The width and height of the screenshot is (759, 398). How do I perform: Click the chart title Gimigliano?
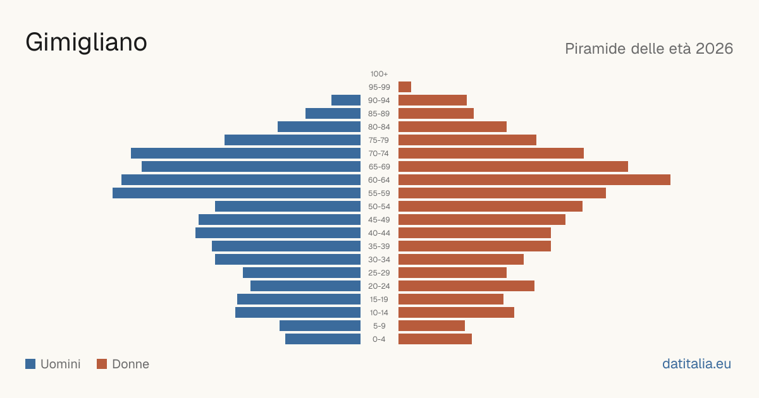(x=86, y=43)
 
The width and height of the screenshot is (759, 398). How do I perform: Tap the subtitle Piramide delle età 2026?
(x=649, y=49)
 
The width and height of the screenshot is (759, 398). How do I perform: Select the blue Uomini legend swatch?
(x=30, y=364)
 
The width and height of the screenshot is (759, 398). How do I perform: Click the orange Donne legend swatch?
(x=102, y=364)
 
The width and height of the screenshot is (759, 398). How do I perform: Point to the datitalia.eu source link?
(x=696, y=364)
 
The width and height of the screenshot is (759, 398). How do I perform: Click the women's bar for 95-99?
(x=405, y=87)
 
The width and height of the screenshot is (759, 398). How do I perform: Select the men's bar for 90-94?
(x=346, y=100)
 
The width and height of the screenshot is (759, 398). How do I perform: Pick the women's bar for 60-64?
(x=534, y=179)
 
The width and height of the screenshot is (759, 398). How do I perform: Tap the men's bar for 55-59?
(x=237, y=193)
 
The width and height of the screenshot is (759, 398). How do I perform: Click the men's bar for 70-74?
(x=245, y=154)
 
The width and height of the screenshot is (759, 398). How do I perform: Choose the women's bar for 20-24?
(x=466, y=286)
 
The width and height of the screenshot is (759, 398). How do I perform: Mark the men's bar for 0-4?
(x=323, y=339)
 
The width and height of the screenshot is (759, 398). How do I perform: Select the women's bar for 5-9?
(x=431, y=326)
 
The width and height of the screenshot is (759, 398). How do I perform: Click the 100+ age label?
(x=379, y=74)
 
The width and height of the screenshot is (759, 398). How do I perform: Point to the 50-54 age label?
(x=379, y=207)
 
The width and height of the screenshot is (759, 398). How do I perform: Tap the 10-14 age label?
(x=379, y=313)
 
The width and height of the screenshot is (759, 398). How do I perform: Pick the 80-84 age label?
(x=379, y=127)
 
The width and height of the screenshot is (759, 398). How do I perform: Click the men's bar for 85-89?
(x=333, y=113)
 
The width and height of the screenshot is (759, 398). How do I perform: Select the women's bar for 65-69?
(x=513, y=167)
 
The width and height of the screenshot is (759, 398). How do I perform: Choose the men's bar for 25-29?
(x=302, y=273)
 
